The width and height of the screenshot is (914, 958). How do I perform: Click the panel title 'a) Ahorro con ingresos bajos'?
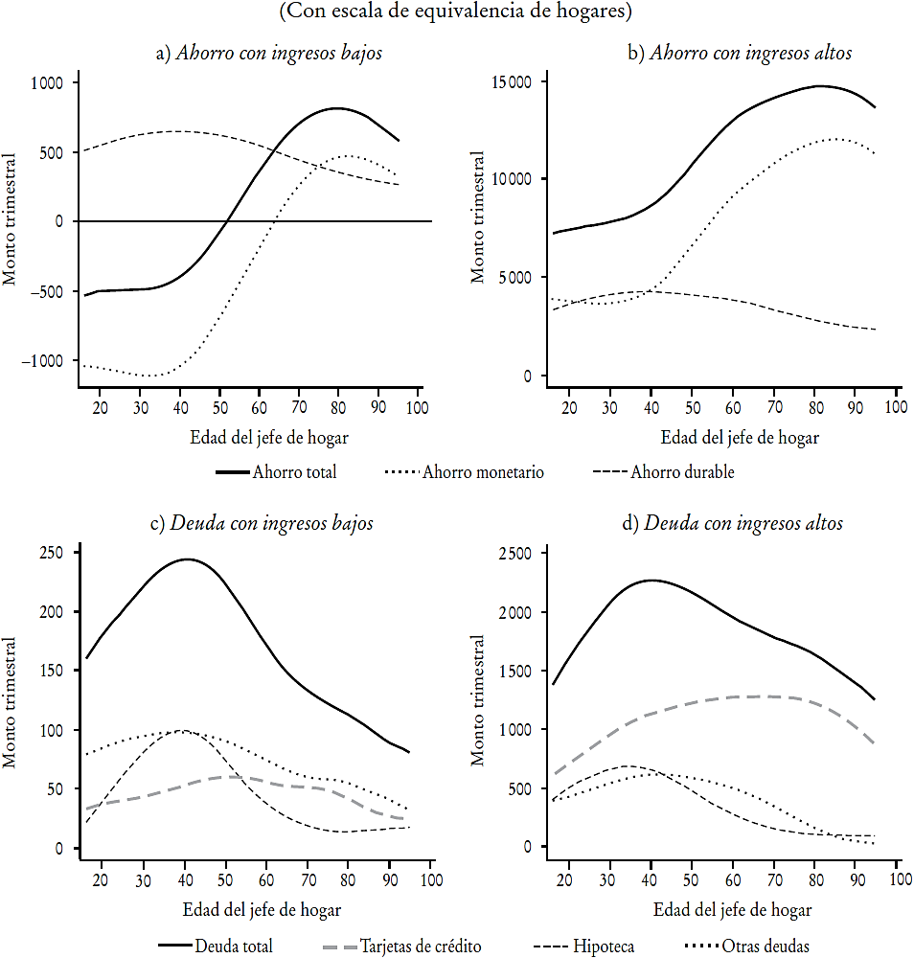(268, 54)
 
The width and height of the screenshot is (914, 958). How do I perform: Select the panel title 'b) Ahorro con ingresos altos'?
(739, 54)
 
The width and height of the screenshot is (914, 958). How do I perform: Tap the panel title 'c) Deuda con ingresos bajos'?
(263, 524)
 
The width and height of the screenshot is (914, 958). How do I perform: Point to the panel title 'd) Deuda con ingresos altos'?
(734, 524)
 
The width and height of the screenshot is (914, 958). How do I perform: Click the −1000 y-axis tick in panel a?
(44, 361)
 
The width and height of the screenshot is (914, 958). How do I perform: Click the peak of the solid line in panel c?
(187, 559)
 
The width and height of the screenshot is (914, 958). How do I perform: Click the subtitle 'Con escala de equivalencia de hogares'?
(457, 13)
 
